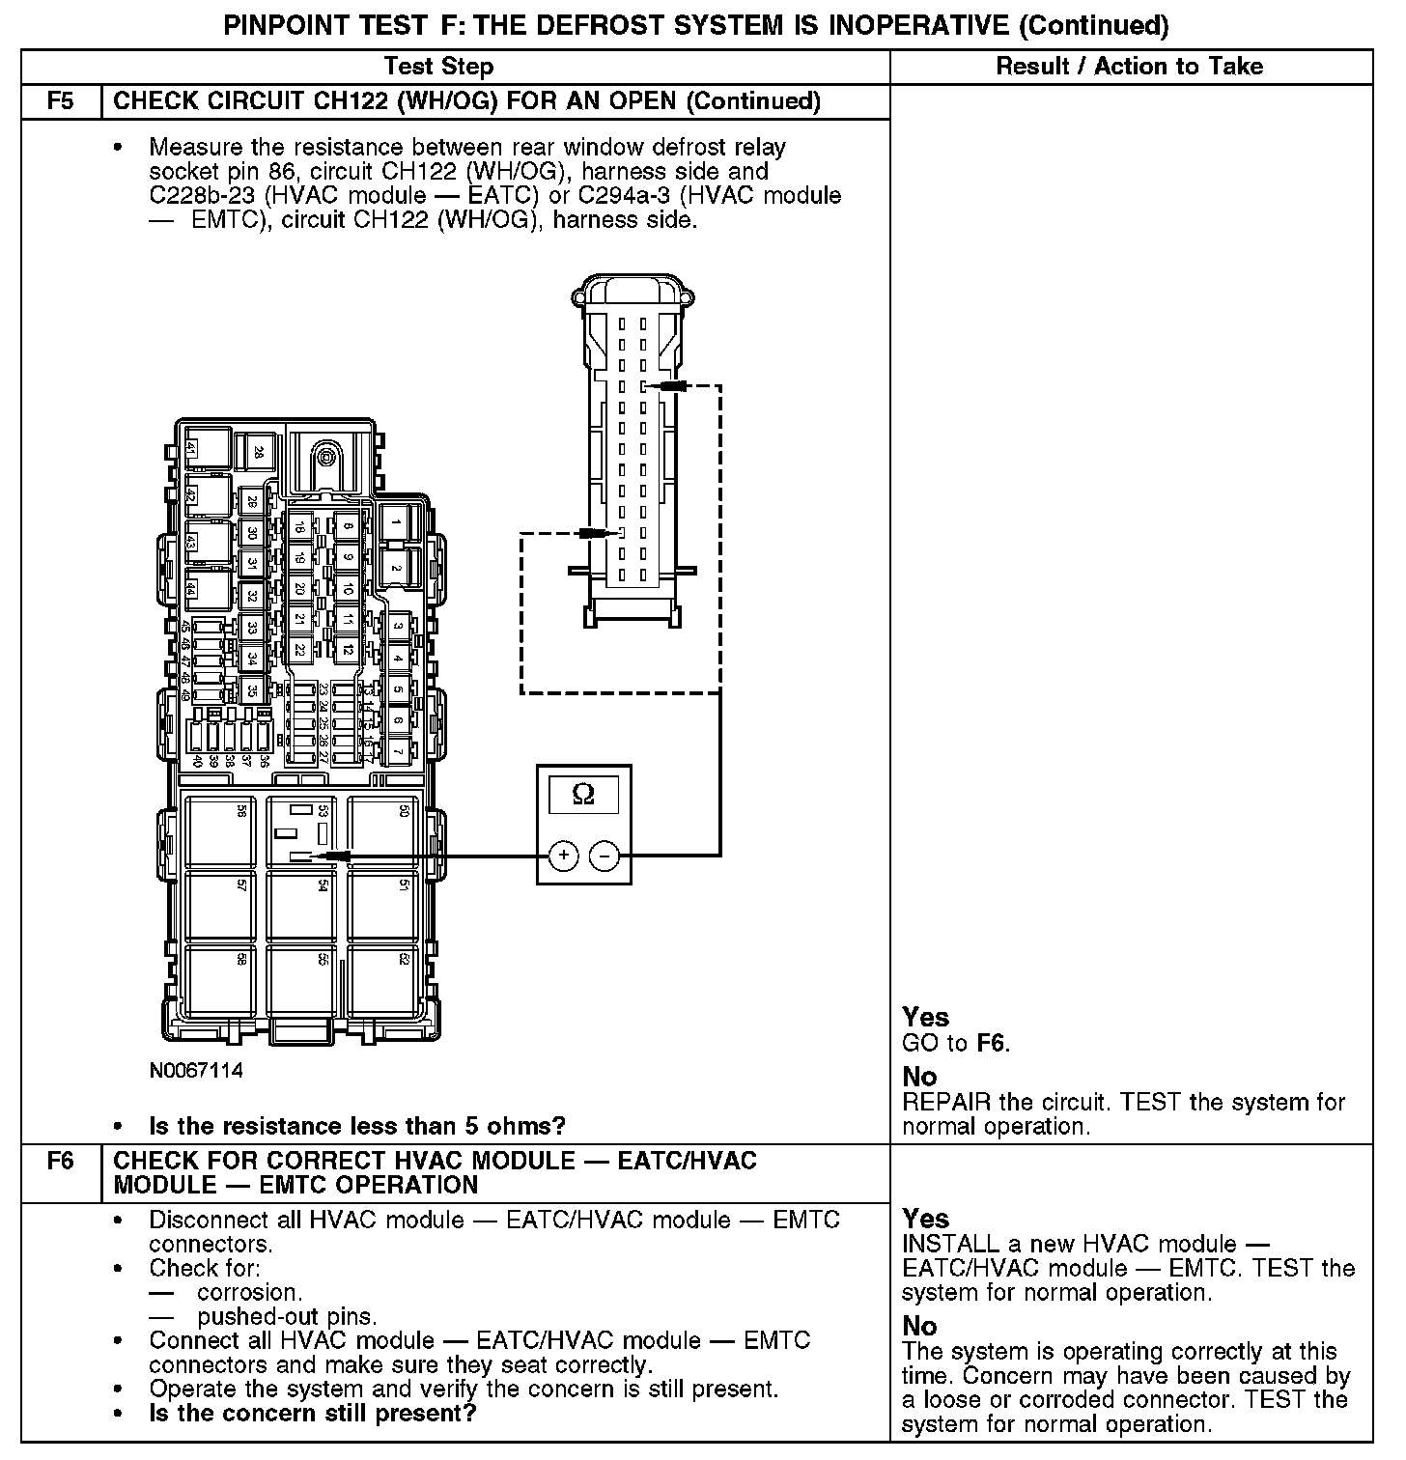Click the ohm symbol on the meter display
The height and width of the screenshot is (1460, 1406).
(x=583, y=794)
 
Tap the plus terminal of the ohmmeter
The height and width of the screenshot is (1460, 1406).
(x=563, y=855)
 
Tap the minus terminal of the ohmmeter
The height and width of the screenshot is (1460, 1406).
(x=605, y=855)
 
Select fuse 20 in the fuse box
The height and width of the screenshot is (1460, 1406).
(x=299, y=588)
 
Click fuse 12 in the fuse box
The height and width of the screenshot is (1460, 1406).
(x=348, y=649)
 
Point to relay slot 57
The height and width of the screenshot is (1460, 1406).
(x=220, y=908)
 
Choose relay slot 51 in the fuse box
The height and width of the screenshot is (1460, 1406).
(x=383, y=908)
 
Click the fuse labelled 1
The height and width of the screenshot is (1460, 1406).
(x=396, y=523)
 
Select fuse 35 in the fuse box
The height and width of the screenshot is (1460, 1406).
(x=251, y=689)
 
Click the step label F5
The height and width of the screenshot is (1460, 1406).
(x=61, y=101)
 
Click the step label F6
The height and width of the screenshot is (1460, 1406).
(x=61, y=1160)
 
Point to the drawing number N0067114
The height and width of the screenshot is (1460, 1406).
(x=196, y=1071)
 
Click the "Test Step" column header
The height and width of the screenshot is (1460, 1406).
(x=438, y=67)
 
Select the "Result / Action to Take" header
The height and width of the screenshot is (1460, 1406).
(x=1129, y=67)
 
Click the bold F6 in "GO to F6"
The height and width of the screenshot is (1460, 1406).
(x=992, y=1043)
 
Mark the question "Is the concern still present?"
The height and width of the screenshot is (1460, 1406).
(x=313, y=1414)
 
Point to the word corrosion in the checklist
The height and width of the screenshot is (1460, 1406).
(x=249, y=1292)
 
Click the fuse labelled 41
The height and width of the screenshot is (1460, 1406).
(x=191, y=450)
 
